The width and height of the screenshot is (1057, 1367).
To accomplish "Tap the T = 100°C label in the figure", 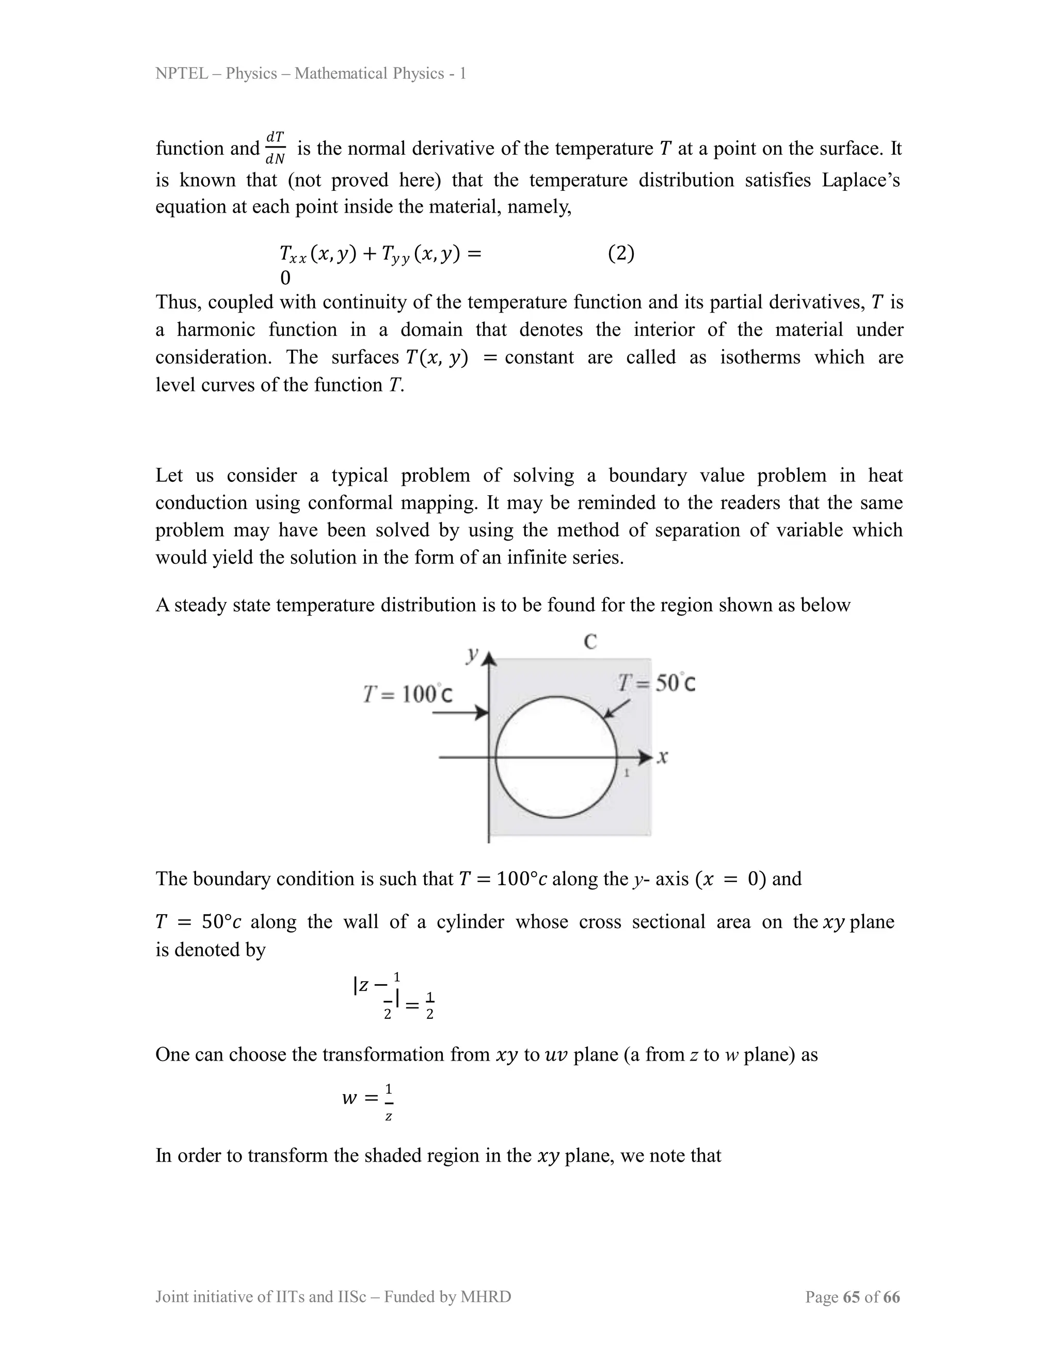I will click(408, 694).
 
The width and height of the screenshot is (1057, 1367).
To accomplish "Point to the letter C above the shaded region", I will click(590, 642).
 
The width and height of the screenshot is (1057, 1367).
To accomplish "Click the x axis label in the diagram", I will click(663, 757).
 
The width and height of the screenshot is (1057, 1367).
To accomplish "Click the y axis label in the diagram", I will click(472, 654).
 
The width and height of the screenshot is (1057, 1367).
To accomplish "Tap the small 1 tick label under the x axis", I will click(626, 774).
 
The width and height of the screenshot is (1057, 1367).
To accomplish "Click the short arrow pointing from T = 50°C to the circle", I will click(617, 709).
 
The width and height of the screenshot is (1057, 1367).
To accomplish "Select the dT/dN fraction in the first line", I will click(276, 149).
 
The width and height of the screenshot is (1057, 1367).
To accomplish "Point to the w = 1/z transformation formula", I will click(368, 1098).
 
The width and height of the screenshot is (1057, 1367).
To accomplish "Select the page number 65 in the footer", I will click(851, 1297).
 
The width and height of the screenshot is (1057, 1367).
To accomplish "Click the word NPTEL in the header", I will click(182, 74).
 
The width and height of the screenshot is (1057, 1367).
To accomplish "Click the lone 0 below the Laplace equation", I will click(285, 278).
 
